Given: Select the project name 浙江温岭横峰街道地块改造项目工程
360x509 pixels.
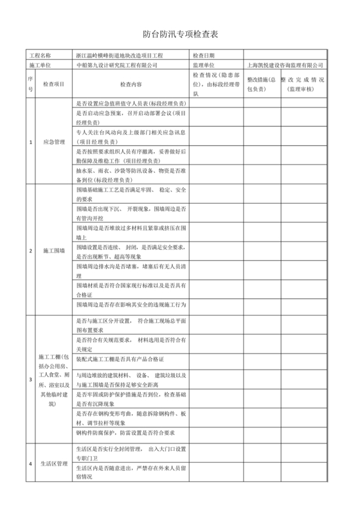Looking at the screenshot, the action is point(128,56).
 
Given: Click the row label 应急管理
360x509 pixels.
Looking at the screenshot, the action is point(53,141).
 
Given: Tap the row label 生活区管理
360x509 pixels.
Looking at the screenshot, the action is point(53,463).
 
